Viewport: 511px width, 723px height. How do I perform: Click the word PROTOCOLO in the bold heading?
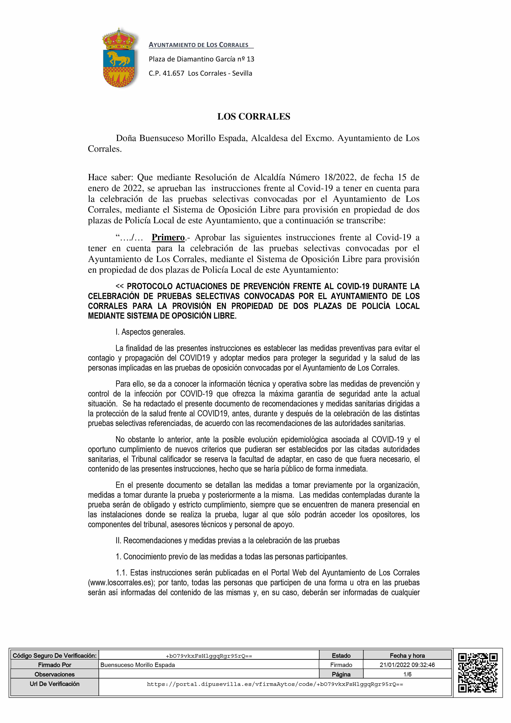point(150,286)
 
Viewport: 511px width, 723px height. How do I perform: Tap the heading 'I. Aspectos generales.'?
point(150,332)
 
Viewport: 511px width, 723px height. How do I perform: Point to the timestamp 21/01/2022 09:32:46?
point(407,665)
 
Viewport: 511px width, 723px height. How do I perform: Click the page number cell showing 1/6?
point(407,674)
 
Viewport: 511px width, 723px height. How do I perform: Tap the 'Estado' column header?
point(341,656)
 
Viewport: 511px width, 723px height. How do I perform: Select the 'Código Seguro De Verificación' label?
point(54,656)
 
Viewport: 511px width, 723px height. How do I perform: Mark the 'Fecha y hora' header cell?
point(407,656)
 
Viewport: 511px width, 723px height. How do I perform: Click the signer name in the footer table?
point(138,665)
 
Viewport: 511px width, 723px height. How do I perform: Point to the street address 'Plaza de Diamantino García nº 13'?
point(202,59)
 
